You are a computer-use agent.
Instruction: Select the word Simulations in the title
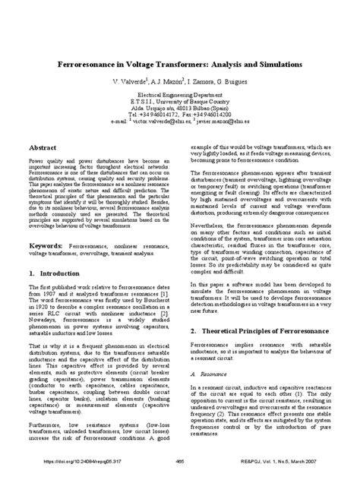coord(274,66)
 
